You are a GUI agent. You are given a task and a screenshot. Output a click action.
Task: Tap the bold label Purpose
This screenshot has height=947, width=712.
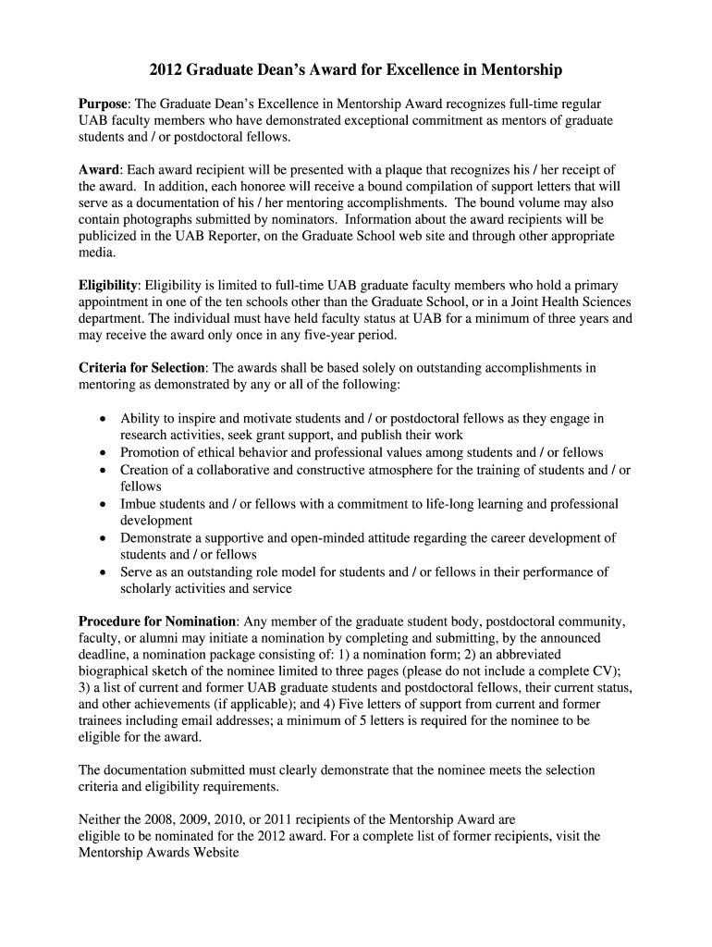(x=102, y=105)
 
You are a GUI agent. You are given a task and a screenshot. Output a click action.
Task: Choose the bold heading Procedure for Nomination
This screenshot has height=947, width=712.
(x=158, y=621)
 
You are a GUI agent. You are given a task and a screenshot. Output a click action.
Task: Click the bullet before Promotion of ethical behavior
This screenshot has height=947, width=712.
(x=104, y=452)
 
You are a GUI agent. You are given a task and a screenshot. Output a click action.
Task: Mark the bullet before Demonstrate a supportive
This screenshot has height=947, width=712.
(x=104, y=537)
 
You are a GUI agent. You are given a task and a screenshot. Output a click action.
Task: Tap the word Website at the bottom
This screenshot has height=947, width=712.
(x=214, y=852)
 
